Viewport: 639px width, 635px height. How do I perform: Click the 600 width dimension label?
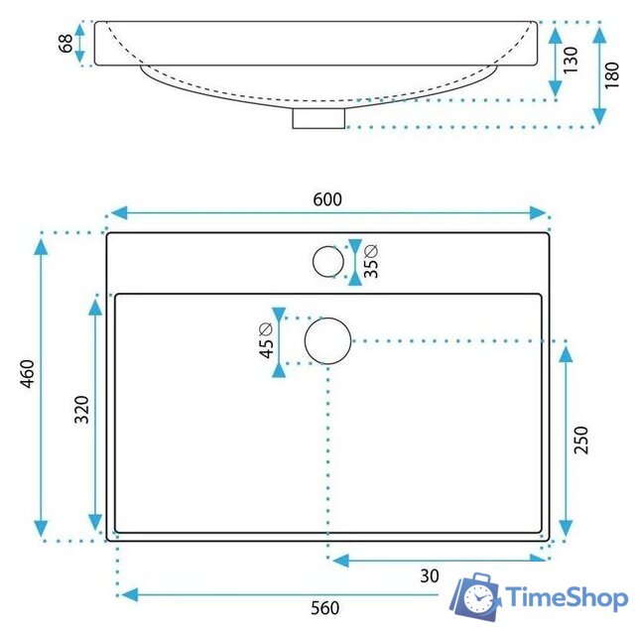(327, 199)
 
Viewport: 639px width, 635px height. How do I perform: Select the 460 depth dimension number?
(28, 374)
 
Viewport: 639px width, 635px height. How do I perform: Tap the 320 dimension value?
(82, 409)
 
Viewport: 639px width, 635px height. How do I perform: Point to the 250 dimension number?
(581, 440)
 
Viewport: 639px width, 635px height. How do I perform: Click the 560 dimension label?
(324, 608)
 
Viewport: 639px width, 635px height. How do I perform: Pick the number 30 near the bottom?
(430, 575)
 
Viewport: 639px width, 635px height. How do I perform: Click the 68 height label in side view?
(66, 44)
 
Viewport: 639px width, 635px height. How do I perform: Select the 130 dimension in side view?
(571, 60)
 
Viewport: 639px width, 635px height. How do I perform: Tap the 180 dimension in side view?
(611, 75)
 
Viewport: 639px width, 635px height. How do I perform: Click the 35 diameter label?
(371, 262)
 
